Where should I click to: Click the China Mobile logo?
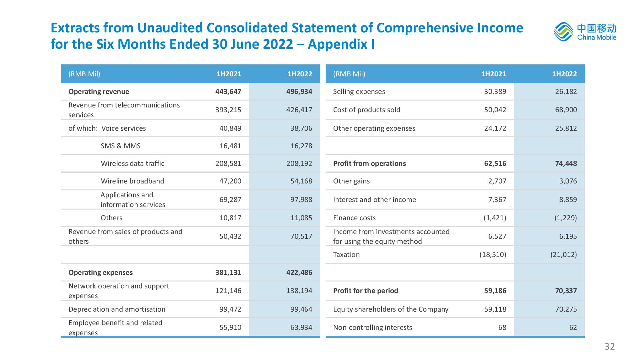585,31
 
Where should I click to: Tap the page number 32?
610,346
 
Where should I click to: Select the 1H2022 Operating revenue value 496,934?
299,92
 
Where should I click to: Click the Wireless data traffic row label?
133,163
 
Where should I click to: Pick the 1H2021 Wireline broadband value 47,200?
230,181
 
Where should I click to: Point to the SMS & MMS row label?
121,146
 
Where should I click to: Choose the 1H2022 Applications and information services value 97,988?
301,199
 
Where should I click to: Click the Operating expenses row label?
100,272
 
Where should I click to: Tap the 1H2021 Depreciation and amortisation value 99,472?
230,309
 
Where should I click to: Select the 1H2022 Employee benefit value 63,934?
301,327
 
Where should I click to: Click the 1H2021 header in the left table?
229,74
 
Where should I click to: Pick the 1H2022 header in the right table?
564,74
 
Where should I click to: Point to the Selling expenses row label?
359,92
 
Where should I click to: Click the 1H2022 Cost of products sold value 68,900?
566,110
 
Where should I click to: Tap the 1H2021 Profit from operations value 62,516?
495,163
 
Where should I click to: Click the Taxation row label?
346,254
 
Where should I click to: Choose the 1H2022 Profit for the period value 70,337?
566,291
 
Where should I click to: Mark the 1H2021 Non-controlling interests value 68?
502,327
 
